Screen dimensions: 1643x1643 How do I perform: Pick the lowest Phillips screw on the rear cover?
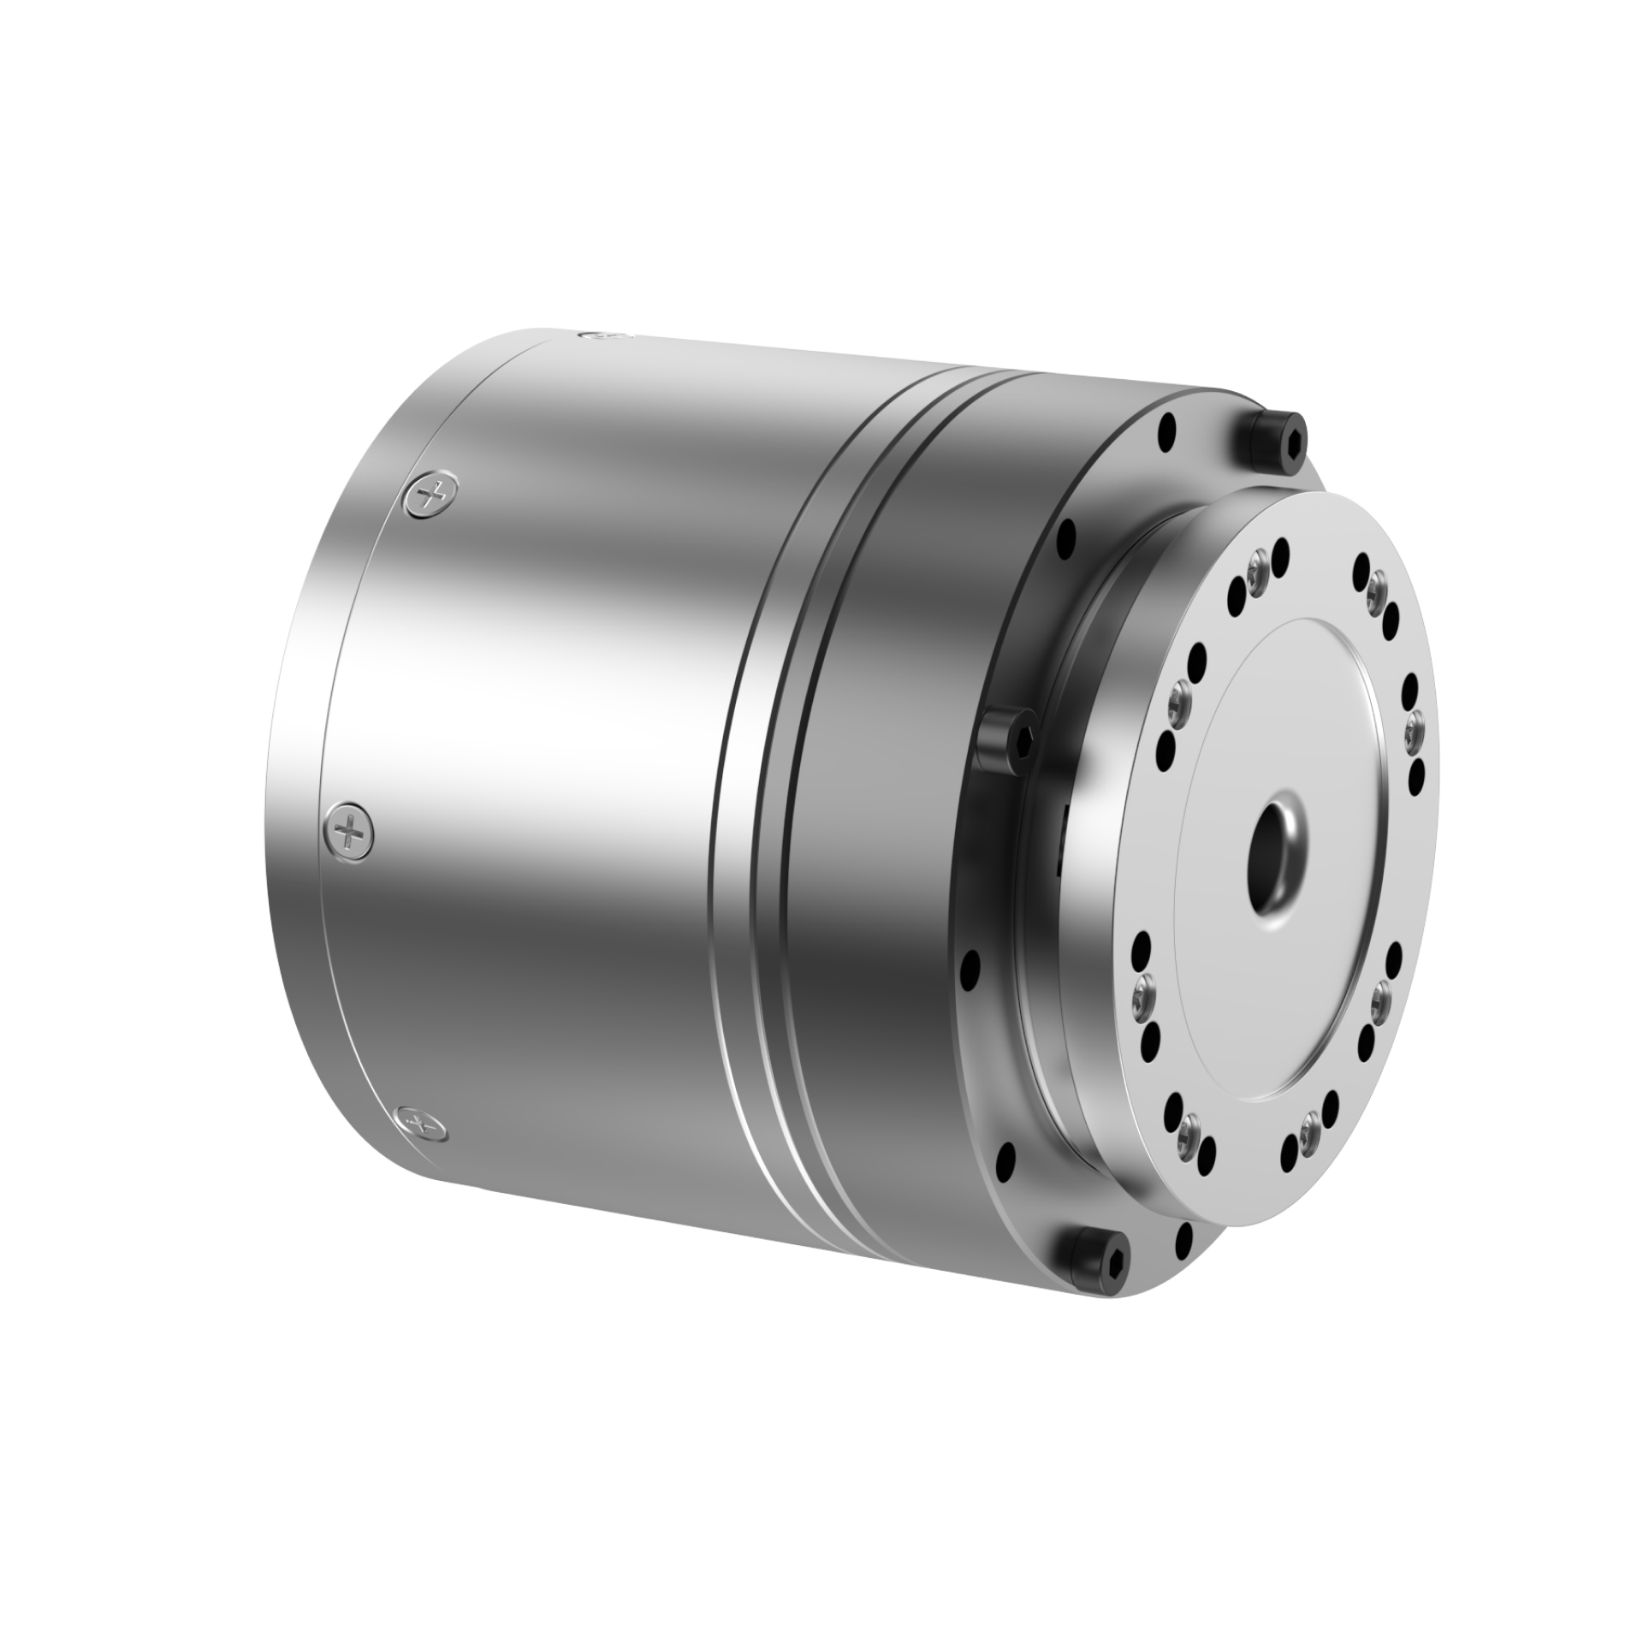coord(421,1122)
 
